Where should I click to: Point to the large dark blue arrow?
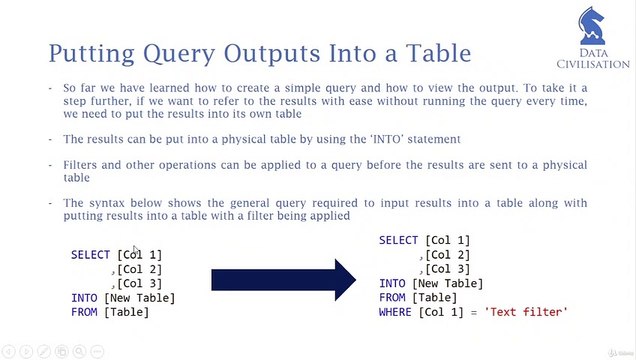click(284, 280)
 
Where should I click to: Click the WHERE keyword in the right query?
click(398, 313)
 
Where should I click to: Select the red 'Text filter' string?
click(526, 313)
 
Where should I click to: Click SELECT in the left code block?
click(91, 255)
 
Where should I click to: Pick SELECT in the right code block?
click(398, 241)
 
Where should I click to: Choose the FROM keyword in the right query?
click(392, 298)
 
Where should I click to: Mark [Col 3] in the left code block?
click(139, 284)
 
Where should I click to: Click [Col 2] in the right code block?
click(447, 255)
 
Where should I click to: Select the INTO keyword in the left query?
click(84, 298)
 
